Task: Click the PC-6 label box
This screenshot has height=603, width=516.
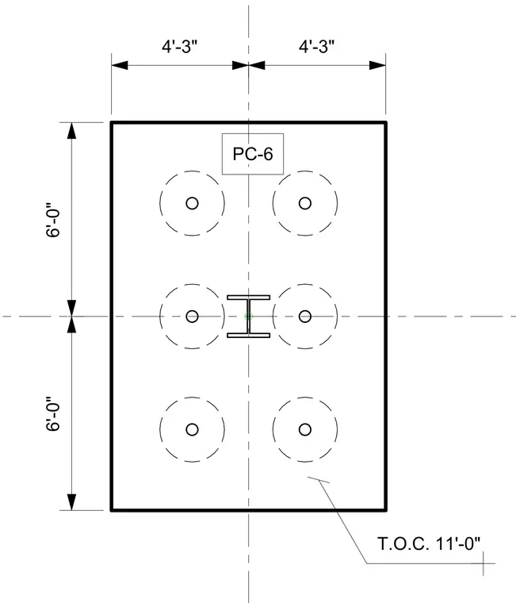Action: [253, 154]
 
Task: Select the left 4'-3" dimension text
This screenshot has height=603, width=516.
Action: [179, 47]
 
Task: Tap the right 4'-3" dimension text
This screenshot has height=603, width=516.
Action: [316, 47]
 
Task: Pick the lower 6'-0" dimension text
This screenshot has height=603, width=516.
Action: [54, 413]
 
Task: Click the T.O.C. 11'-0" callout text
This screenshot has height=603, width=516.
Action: [429, 543]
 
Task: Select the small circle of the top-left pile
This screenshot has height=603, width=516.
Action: [192, 203]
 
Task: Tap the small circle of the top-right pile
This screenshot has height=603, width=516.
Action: [305, 203]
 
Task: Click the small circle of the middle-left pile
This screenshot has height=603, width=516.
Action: [192, 317]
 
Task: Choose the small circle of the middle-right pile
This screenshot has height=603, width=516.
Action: [305, 317]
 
